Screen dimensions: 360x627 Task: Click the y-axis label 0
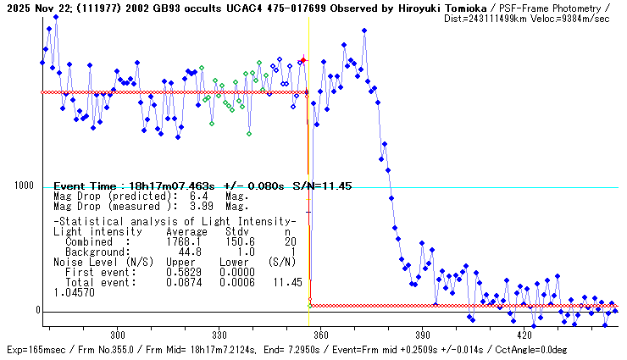[x=37, y=310]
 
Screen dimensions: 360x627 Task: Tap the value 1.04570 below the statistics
[x=75, y=291]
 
